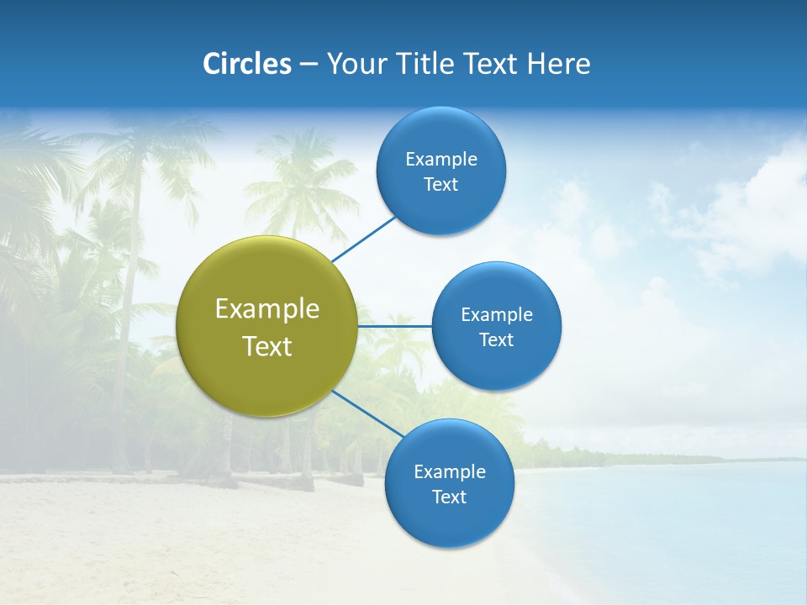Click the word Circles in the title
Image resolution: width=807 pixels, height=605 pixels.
247,64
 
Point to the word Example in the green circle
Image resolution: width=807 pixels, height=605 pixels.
267,309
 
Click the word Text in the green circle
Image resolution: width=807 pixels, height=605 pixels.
267,346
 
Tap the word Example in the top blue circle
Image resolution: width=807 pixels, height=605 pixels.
441,159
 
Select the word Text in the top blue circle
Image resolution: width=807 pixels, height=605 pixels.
441,185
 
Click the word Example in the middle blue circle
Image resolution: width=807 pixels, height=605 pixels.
497,314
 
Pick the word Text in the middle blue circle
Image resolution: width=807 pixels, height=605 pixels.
497,340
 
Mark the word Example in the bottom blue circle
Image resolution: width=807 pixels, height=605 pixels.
450,471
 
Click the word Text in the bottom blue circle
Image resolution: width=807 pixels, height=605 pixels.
450,497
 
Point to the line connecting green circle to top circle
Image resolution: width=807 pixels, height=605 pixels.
364,239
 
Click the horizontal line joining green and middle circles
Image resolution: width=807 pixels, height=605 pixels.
395,326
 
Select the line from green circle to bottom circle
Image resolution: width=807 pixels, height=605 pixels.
367,413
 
